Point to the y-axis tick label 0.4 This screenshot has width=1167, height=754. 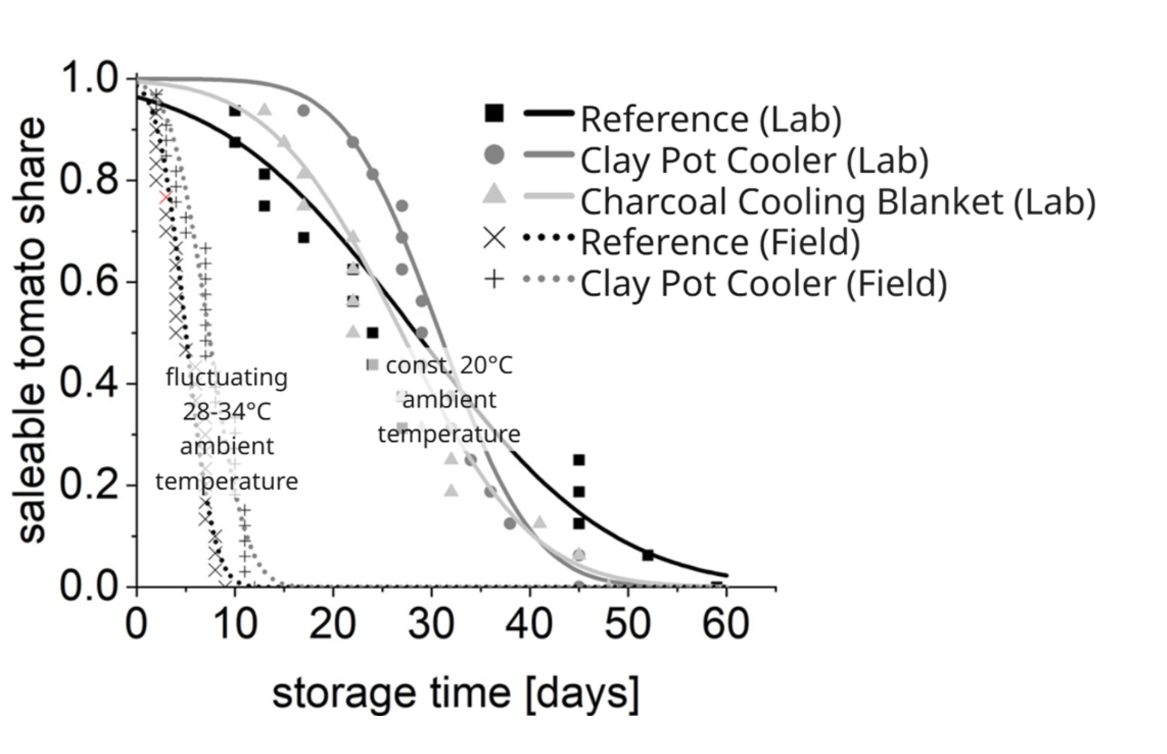point(90,383)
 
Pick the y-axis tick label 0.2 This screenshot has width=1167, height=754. point(90,485)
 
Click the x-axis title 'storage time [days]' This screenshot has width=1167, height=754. point(455,693)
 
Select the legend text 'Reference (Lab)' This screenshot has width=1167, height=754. point(710,119)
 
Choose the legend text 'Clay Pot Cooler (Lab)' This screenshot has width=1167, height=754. point(754,160)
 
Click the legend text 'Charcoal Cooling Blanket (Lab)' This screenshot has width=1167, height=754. point(837,201)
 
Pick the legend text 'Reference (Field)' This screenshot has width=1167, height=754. point(719,242)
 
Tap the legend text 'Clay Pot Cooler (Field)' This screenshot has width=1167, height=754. point(763,284)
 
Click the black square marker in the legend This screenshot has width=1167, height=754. point(494,113)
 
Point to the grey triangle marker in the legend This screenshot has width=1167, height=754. point(494,193)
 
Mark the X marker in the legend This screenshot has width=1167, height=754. point(494,238)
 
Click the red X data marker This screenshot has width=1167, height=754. point(166,198)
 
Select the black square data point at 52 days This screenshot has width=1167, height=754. point(648,555)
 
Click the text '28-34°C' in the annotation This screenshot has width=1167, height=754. point(227,412)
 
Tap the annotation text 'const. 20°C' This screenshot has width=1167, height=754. point(449,365)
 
